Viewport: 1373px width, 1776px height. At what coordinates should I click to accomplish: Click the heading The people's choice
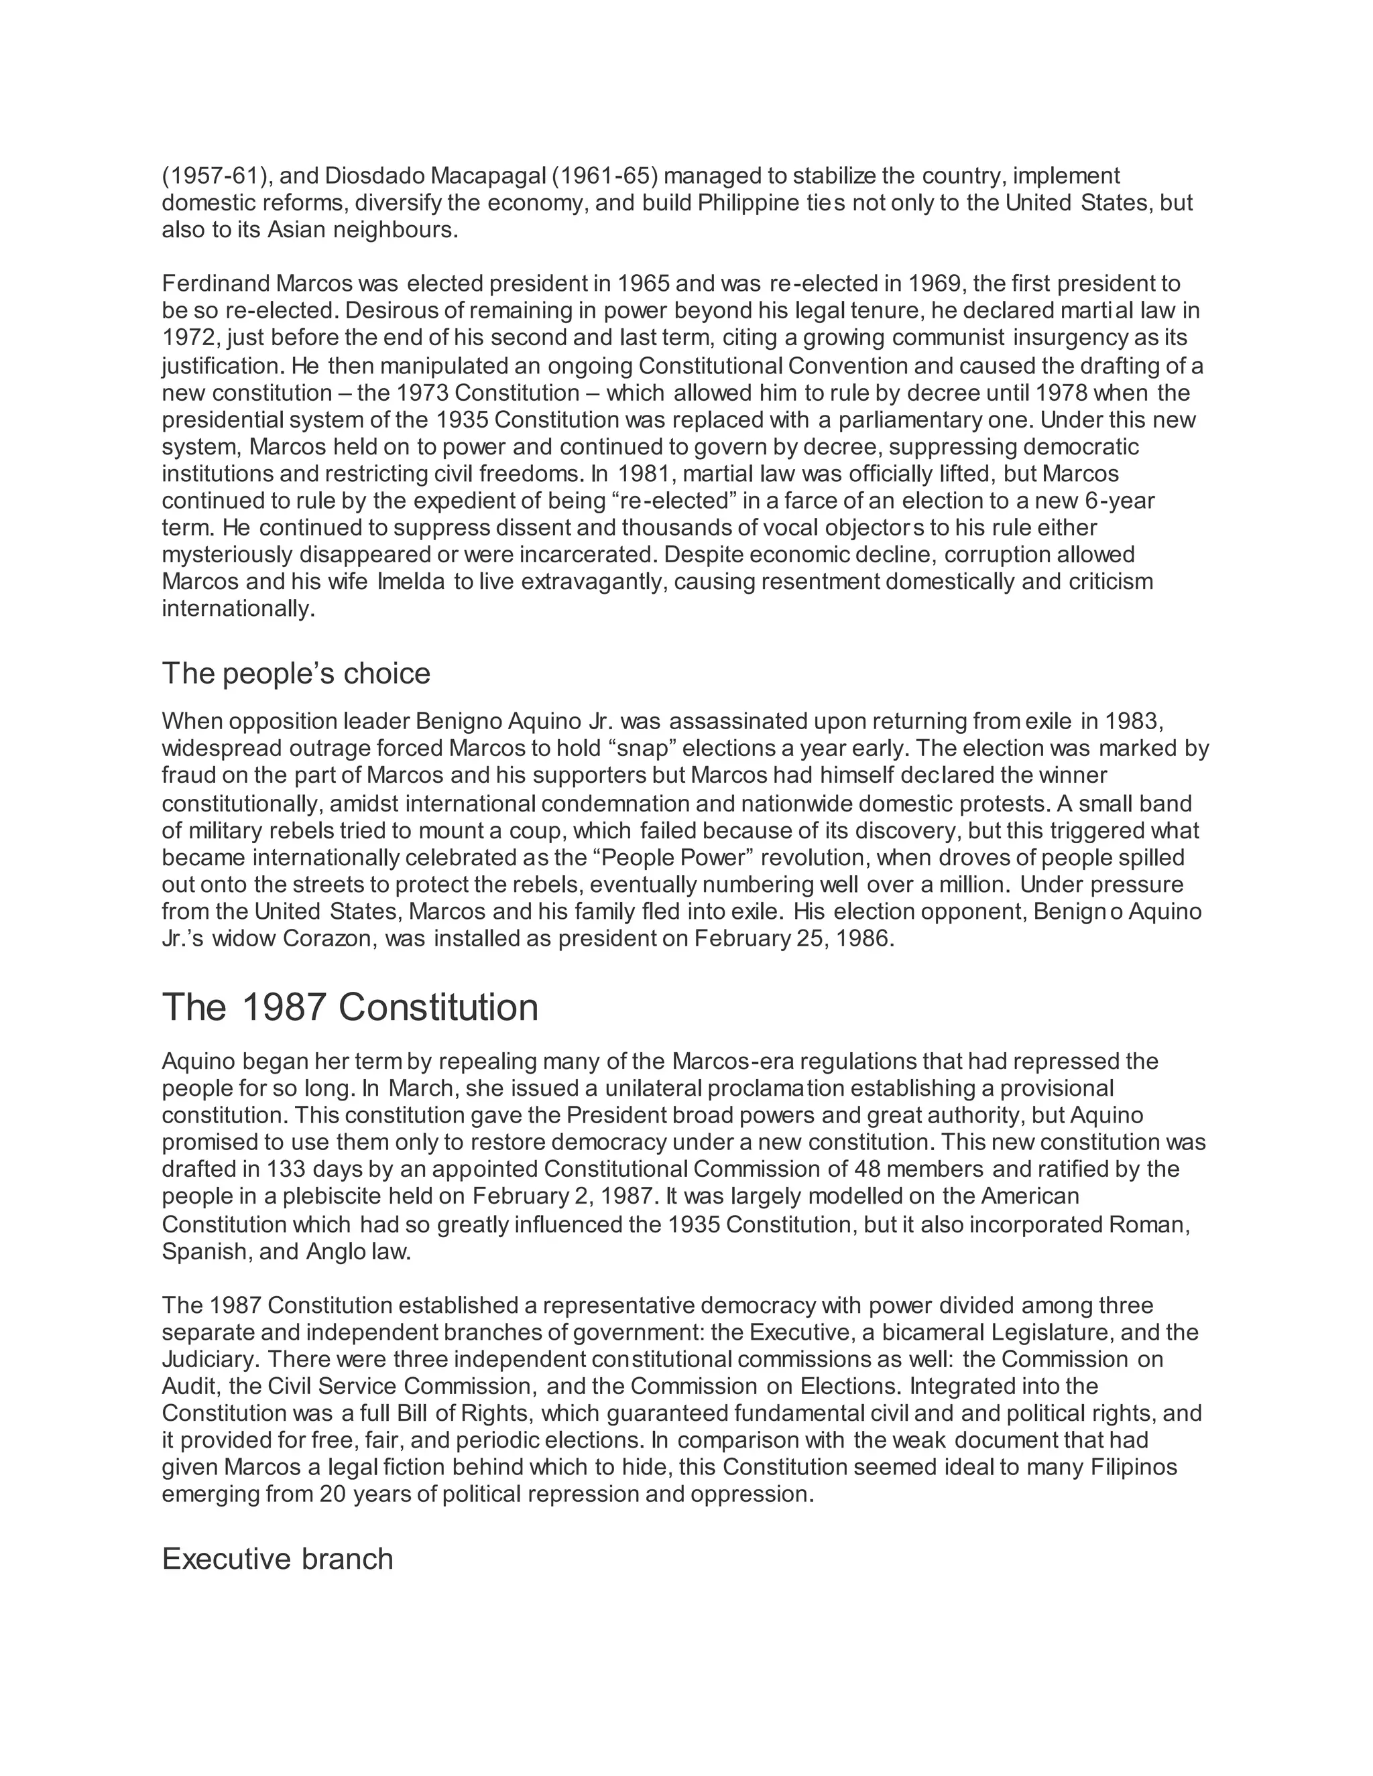click(296, 674)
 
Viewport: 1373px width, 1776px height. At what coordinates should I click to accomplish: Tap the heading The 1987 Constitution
click(350, 1007)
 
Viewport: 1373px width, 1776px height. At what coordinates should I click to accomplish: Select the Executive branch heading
click(278, 1559)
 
